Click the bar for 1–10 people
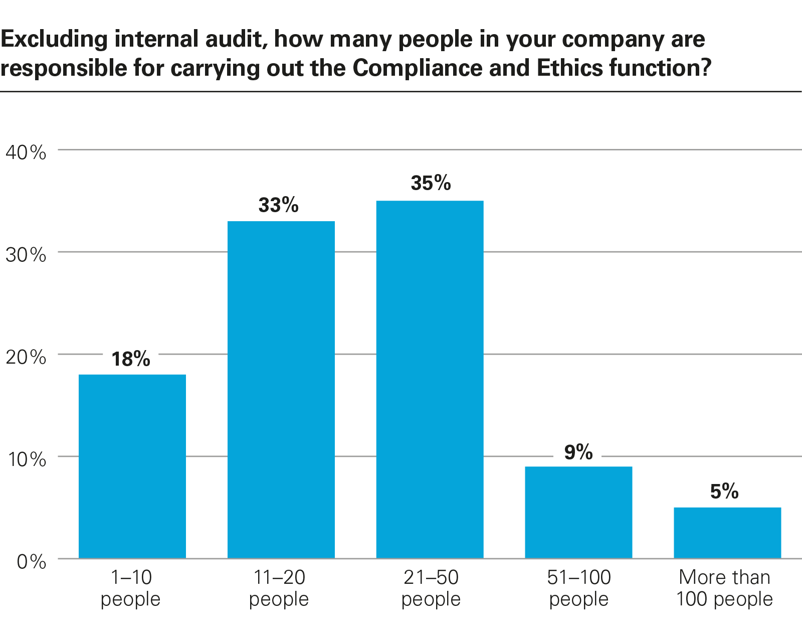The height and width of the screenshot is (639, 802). [132, 466]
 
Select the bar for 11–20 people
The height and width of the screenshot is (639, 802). [281, 390]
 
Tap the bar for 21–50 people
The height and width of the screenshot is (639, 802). [430, 380]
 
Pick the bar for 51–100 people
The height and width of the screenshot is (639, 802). [578, 512]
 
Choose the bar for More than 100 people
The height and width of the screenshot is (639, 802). [727, 533]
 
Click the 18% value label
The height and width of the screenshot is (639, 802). [131, 359]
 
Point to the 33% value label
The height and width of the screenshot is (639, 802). [279, 205]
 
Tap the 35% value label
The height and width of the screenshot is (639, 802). [431, 183]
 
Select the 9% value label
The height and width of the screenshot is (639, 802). [578, 452]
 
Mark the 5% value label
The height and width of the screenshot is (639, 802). [724, 492]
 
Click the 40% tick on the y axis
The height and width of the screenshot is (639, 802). [26, 152]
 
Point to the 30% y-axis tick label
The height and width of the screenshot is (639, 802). [26, 255]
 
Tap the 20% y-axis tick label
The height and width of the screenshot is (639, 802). [26, 357]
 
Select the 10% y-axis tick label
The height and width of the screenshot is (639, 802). [26, 459]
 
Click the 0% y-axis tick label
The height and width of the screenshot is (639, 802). [31, 562]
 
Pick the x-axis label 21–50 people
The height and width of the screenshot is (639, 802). [431, 588]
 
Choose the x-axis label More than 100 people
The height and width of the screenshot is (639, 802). [724, 588]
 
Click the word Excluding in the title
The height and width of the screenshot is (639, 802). [54, 39]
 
